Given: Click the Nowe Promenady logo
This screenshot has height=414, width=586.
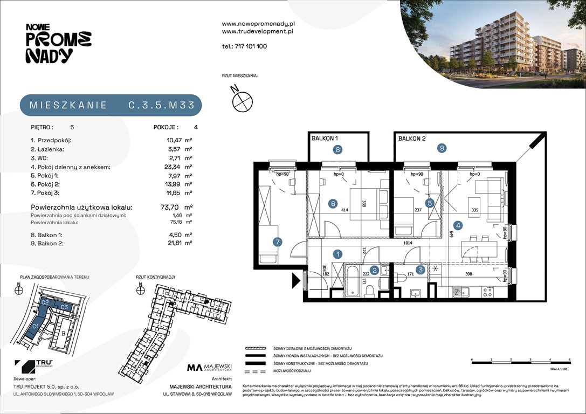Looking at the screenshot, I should coord(58,43).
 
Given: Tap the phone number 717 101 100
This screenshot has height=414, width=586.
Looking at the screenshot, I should coord(244,46).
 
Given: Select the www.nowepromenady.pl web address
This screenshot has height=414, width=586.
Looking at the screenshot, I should coord(258,24).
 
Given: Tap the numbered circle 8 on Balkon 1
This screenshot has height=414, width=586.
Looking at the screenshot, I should coord(337,150).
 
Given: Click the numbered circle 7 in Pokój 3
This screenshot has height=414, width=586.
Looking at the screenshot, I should coord(277,242).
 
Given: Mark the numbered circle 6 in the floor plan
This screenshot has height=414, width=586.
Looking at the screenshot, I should coord(333,203).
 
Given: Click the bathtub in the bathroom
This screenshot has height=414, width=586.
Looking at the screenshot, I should coord(351,279).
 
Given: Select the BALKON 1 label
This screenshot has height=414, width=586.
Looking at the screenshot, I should coord(326,139).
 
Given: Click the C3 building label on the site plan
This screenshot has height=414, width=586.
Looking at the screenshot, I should coord(64,307).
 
